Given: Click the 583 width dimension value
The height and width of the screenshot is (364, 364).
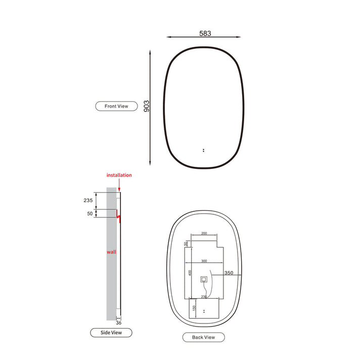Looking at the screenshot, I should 205,33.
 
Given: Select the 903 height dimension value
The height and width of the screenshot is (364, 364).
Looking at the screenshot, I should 147,106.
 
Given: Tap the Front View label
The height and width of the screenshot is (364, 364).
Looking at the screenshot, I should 116,106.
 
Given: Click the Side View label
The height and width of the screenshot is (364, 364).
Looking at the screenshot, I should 111,332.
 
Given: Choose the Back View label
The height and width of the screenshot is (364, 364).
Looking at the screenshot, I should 203,337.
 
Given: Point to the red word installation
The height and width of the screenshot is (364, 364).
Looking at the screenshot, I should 119,175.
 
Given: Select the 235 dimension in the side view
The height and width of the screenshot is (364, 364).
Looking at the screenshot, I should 88,200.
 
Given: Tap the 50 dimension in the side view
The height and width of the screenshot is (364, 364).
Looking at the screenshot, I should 89,214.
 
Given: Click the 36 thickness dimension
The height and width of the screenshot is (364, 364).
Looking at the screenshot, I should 118,323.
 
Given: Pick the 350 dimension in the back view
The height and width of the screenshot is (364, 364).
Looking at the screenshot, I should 229,272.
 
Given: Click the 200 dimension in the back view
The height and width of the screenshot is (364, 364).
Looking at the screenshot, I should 204,234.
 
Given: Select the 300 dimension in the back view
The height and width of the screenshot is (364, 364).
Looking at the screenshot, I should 204,261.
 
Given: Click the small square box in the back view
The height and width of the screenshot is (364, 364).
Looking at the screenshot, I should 204,279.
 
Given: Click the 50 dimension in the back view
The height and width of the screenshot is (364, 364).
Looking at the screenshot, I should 186,244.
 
